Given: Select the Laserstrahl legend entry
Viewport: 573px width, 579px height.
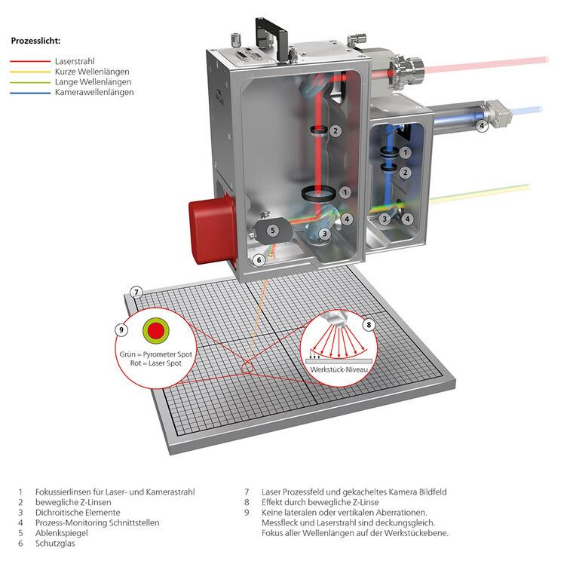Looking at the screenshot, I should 74,61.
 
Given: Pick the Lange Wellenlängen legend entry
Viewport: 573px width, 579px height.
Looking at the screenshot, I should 93,81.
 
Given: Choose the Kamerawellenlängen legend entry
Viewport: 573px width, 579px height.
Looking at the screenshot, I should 93,92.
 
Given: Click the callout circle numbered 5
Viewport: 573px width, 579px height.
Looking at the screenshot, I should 274,230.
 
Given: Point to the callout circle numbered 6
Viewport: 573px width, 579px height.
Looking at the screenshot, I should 259,260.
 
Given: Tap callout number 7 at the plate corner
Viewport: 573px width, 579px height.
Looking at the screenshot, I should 136,292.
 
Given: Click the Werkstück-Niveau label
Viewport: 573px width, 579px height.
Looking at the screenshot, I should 342,369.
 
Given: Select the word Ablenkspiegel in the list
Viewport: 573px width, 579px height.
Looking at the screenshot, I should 60,533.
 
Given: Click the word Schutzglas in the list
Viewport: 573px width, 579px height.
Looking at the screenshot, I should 55,544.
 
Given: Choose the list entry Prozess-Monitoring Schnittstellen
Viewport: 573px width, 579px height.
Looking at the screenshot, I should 97,522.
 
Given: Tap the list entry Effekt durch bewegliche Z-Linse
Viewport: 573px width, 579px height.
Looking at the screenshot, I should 320,502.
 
